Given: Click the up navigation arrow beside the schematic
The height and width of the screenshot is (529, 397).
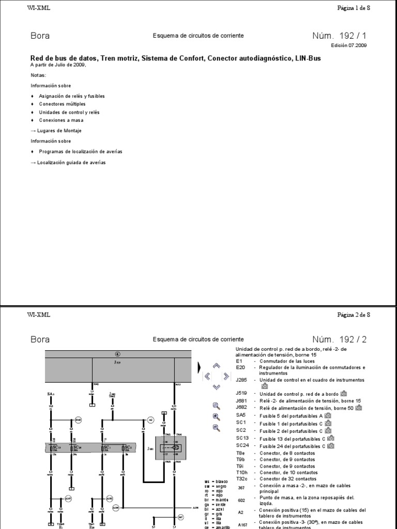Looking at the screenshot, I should (x=217, y=366).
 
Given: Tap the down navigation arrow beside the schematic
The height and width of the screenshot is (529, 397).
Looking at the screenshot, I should (x=217, y=386).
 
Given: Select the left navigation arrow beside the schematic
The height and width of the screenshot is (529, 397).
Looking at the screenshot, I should (x=207, y=376).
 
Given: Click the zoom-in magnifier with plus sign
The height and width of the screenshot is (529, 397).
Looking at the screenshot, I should (x=217, y=416).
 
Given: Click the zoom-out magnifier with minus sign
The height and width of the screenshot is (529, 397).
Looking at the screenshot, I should (x=217, y=427).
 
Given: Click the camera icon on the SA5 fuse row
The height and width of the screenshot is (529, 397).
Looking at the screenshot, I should (x=327, y=415).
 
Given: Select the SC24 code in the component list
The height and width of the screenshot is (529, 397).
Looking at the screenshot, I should (x=242, y=445).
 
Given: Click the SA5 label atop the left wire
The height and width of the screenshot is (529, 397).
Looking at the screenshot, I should (x=51, y=394).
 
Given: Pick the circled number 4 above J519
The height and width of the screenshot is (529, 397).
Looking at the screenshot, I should (x=117, y=354).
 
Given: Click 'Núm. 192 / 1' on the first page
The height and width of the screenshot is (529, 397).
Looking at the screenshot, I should (x=342, y=36).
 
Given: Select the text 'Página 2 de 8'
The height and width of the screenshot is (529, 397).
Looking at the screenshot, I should (x=354, y=314).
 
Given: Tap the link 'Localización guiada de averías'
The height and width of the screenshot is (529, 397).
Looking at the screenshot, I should (x=68, y=162).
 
